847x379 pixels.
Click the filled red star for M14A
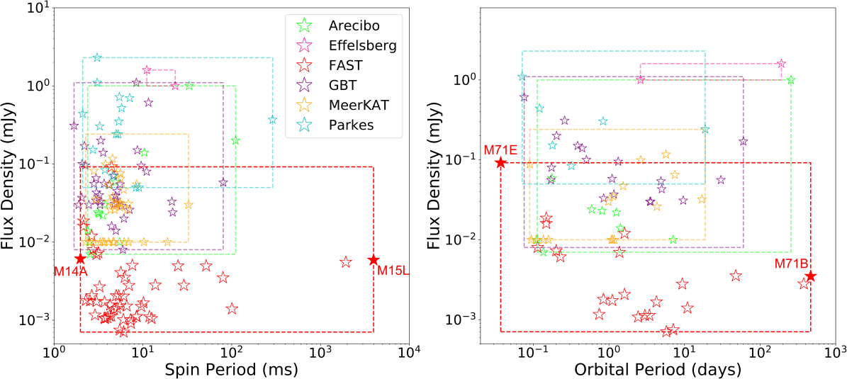click(x=80, y=259)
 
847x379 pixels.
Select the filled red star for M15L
click(x=374, y=260)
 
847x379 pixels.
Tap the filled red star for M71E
click(x=500, y=162)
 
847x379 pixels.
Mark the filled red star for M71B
click(x=810, y=276)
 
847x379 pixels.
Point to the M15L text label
click(x=391, y=270)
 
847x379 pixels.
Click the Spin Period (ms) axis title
click(x=231, y=368)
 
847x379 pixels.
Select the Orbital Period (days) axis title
click(x=657, y=368)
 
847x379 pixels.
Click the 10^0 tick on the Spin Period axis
click(x=55, y=353)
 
